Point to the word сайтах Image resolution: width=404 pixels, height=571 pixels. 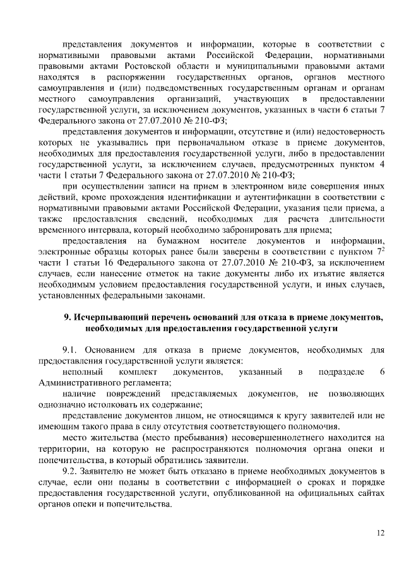369,493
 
